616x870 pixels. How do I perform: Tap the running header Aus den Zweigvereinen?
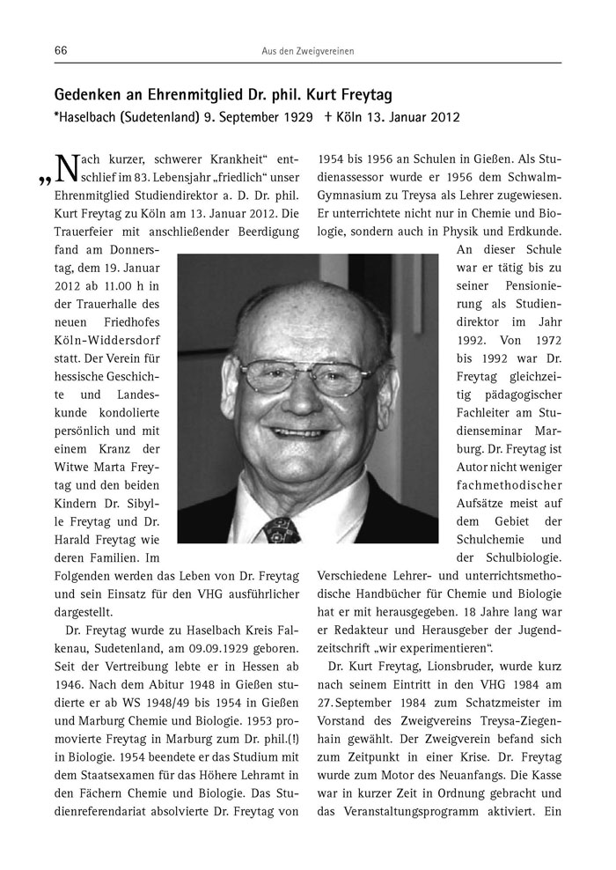tap(308, 52)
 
